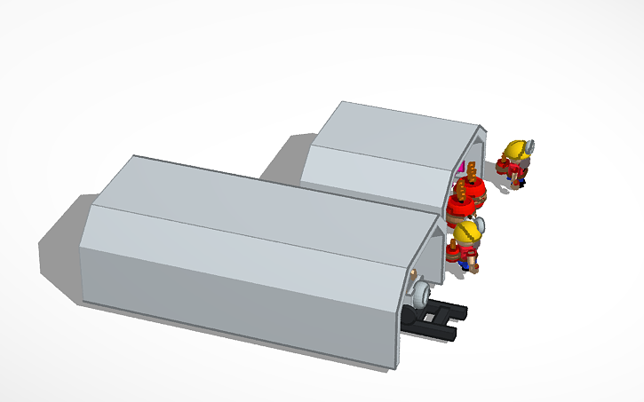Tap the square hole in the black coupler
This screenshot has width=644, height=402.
[x=435, y=317]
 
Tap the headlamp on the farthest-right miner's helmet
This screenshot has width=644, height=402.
[x=530, y=146]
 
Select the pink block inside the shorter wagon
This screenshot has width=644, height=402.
[x=460, y=167]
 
